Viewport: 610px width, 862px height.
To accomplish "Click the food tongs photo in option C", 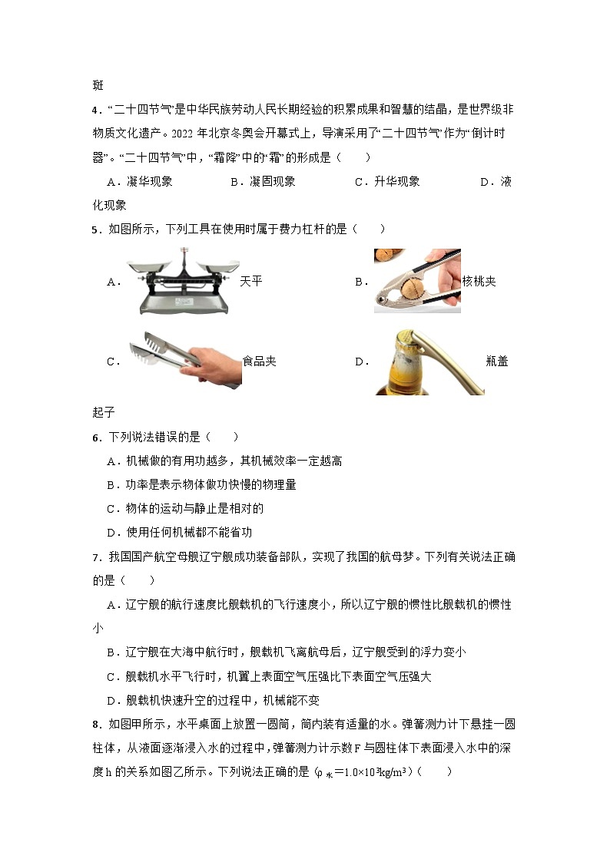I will [x=184, y=356].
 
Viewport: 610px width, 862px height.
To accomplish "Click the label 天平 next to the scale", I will [x=251, y=282].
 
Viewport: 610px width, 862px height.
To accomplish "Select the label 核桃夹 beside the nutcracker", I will [x=479, y=282].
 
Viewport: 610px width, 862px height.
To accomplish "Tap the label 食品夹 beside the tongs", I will [x=259, y=361].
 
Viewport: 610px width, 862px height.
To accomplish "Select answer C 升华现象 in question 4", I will [x=387, y=182].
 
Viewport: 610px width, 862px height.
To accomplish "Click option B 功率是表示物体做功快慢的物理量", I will [x=201, y=485].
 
